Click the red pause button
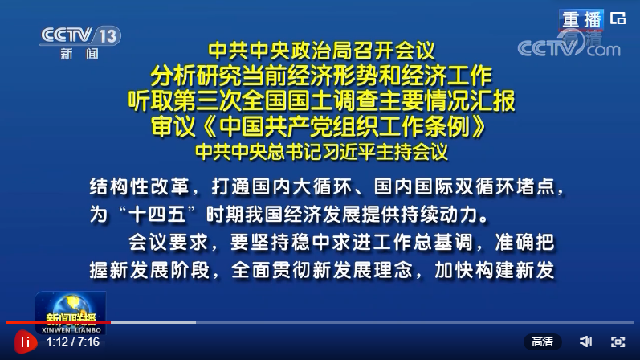[x=26, y=342]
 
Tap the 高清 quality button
[x=543, y=342]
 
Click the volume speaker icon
[x=585, y=342]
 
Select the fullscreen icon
[x=618, y=342]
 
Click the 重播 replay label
[x=581, y=19]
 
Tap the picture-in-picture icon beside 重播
[x=618, y=18]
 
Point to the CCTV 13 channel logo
[x=80, y=35]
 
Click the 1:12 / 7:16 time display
[x=73, y=342]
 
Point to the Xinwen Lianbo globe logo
[x=71, y=313]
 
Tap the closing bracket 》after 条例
[x=479, y=127]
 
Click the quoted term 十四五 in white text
[x=157, y=215]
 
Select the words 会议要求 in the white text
[x=168, y=243]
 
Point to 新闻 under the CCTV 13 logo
[x=79, y=54]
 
